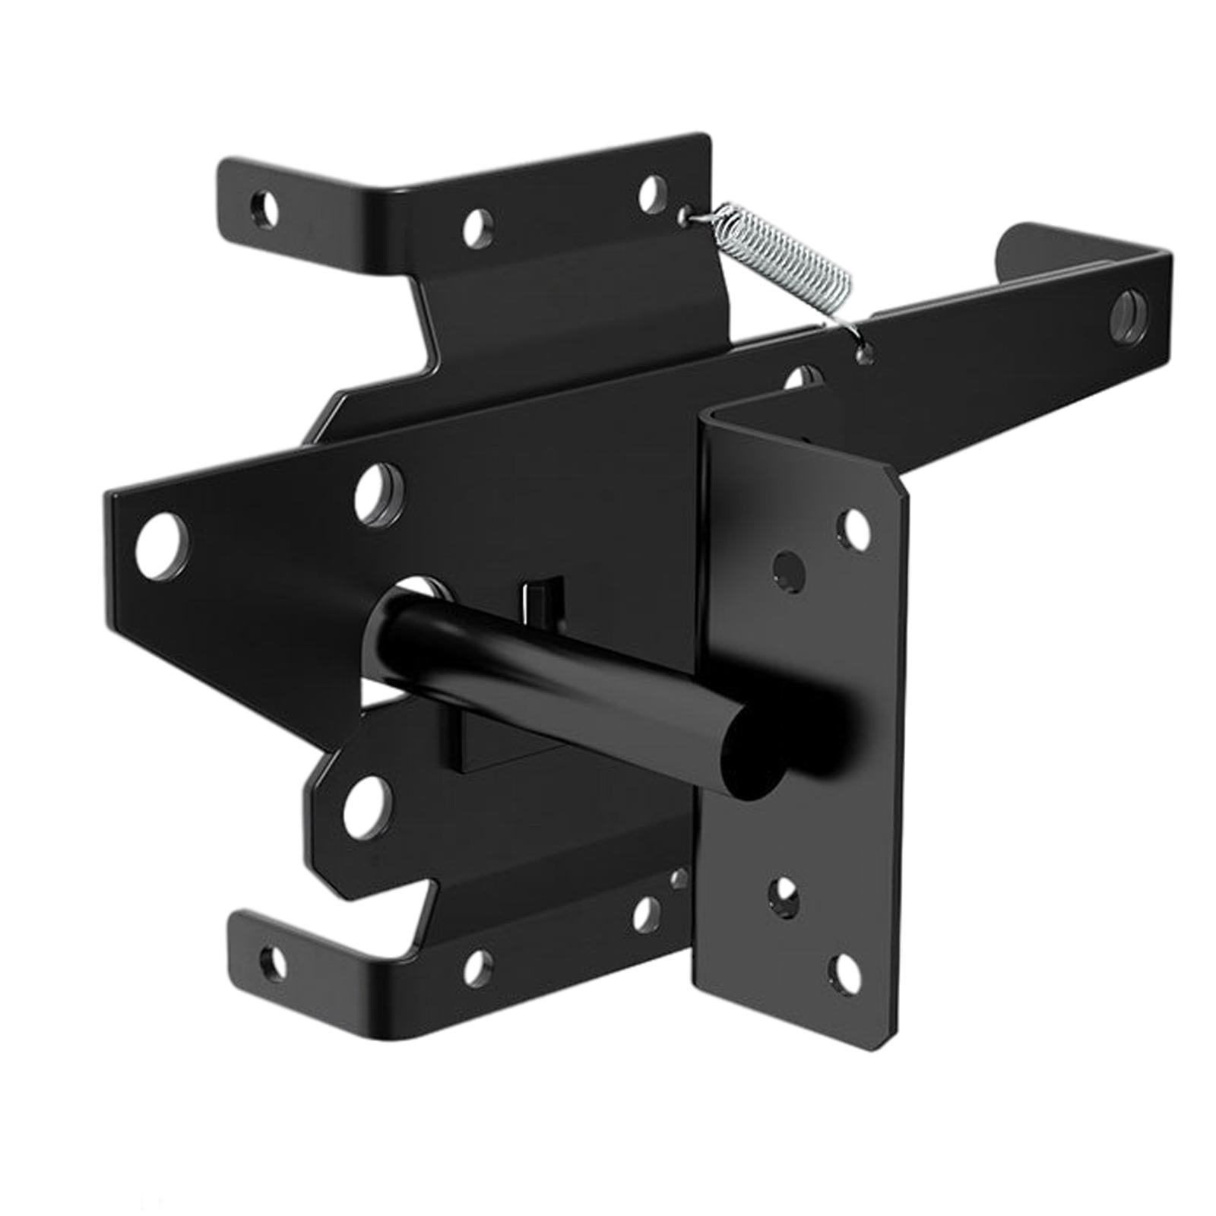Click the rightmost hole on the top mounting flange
tap(650, 194)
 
